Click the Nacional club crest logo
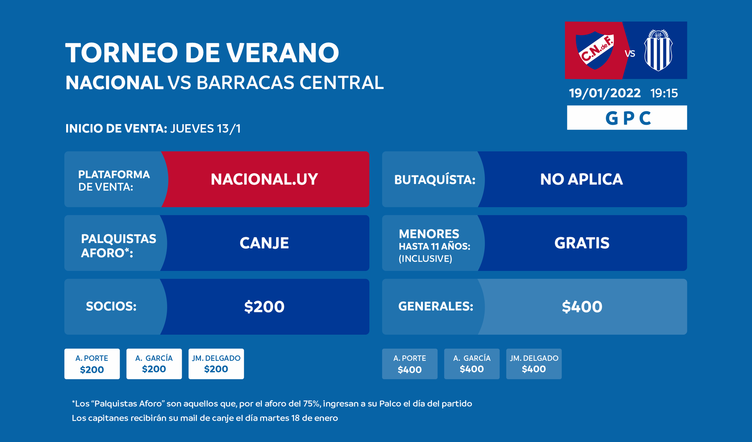[x=595, y=50]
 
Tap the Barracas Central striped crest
[x=658, y=50]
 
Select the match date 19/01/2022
[x=605, y=93]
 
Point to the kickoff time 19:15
[x=664, y=93]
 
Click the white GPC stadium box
[x=627, y=118]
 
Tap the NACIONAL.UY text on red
[x=264, y=179]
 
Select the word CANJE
[x=264, y=243]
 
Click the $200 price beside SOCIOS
[x=264, y=307]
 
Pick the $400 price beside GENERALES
[x=582, y=307]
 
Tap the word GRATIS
[x=582, y=243]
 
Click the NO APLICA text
[x=582, y=179]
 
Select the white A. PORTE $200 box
[x=92, y=364]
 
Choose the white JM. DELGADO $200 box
[x=216, y=364]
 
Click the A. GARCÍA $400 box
[x=472, y=364]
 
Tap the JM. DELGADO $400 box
[x=534, y=364]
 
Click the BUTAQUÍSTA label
[x=435, y=179]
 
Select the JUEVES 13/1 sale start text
[x=205, y=129]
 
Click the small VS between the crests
[x=630, y=54]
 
